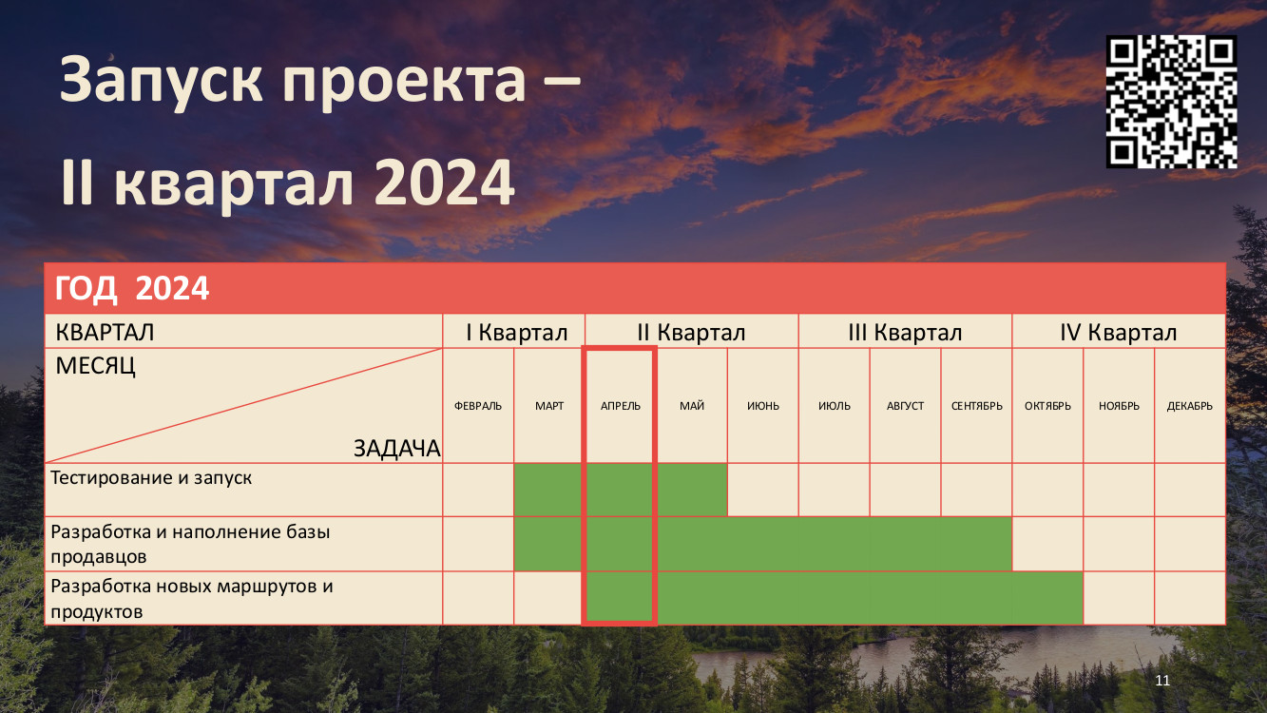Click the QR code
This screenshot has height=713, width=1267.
tap(1171, 102)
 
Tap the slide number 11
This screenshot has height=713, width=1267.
tap(1162, 680)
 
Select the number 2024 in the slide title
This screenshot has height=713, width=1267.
tap(444, 183)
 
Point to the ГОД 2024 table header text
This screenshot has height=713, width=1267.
tap(132, 289)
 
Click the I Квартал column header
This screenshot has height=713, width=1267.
tap(516, 332)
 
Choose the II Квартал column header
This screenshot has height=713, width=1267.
tap(691, 332)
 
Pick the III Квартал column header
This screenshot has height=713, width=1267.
tap(905, 332)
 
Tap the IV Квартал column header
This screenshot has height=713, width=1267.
tap(1118, 332)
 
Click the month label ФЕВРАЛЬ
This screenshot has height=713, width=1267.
tap(478, 406)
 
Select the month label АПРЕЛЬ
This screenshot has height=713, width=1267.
tap(621, 406)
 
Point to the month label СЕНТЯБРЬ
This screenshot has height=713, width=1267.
tap(976, 406)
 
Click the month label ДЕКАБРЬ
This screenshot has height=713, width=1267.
tap(1189, 406)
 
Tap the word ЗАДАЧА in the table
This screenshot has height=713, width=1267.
tap(396, 449)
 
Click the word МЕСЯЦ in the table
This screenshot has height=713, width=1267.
tap(96, 366)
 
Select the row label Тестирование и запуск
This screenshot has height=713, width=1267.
tap(151, 477)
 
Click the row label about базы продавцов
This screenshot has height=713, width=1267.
tap(190, 544)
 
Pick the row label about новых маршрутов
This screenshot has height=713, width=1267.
tap(192, 599)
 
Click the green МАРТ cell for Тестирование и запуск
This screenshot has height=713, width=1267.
tap(548, 490)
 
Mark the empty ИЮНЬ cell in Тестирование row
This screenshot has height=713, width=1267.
tap(762, 490)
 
